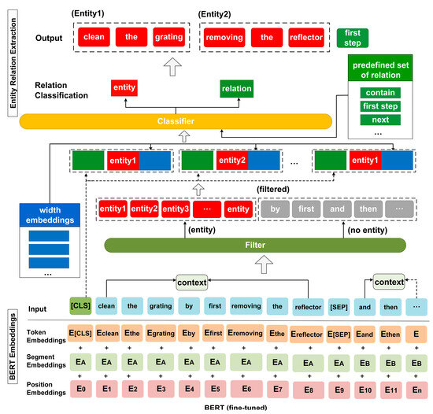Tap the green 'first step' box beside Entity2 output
[351, 37]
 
